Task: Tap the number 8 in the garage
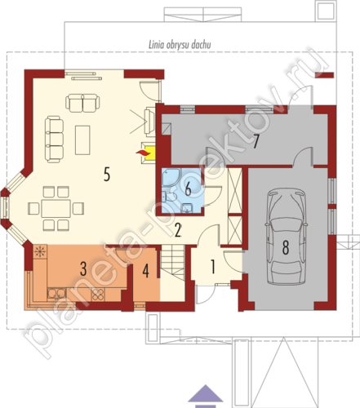coord(286,247)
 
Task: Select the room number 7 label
coord(256,142)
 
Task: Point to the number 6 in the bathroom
coord(188,189)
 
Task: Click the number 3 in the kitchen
coord(83,269)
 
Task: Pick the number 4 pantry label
coord(146,271)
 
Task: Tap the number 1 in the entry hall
coord(213,267)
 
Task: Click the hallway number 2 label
coord(178,230)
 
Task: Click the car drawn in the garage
coord(287,237)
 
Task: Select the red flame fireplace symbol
coord(143,153)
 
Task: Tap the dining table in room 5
coord(56,209)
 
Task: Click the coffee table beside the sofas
coord(82,140)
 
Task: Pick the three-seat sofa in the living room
coord(55,140)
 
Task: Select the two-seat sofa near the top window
coord(82,103)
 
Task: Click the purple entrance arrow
coord(206,392)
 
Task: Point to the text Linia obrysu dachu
coord(180,45)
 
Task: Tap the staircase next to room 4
coord(173,263)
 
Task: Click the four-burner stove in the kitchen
coord(98,295)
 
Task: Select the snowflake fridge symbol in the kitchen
coord(40,251)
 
